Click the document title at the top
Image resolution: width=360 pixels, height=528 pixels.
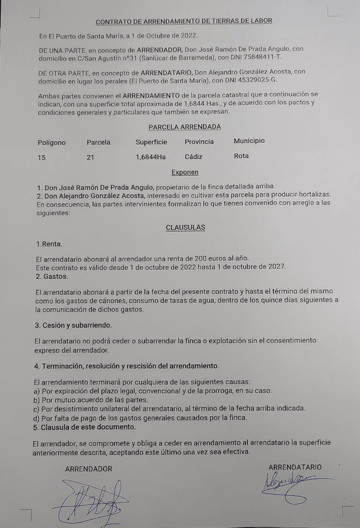pyautogui.click(x=184, y=21)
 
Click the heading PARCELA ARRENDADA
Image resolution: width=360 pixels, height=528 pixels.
pyautogui.click(x=184, y=127)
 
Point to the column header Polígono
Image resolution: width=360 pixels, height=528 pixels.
pyautogui.click(x=51, y=143)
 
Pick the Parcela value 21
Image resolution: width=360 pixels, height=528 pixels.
pyautogui.click(x=90, y=158)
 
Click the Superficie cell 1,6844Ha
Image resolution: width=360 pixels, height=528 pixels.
pyautogui.click(x=151, y=158)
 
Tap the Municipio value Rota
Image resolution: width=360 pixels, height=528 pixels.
pyautogui.click(x=241, y=156)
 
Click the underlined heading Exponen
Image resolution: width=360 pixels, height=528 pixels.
pyautogui.click(x=185, y=172)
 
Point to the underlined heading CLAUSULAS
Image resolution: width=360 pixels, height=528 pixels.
pyautogui.click(x=185, y=227)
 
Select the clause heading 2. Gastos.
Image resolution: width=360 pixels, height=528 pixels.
pyautogui.click(x=51, y=276)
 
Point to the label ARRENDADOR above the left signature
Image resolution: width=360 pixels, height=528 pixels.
pyautogui.click(x=88, y=469)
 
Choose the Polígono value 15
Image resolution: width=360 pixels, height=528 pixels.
pyautogui.click(x=41, y=158)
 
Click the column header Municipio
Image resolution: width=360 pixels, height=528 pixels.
pyautogui.click(x=249, y=141)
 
